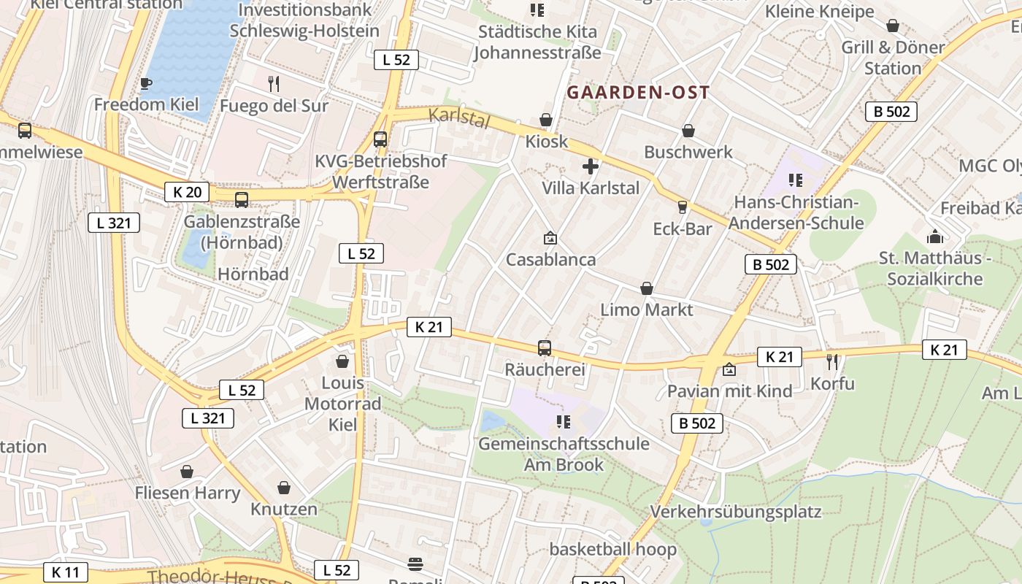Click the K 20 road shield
(x=187, y=192)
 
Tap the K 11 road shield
(x=66, y=572)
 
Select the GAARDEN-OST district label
(x=638, y=93)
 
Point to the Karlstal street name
(x=458, y=118)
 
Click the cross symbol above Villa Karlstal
(x=591, y=166)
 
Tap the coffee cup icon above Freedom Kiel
(x=146, y=83)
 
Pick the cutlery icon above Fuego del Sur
(x=274, y=83)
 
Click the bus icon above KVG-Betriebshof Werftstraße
(x=380, y=139)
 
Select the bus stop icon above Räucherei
(x=545, y=348)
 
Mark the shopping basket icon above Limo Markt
(x=647, y=288)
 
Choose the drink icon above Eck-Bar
(x=683, y=207)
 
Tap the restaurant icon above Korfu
(x=832, y=361)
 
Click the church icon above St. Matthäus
(x=934, y=237)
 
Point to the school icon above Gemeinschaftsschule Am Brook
(x=563, y=422)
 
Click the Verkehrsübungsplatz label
(x=736, y=512)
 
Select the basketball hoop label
(x=613, y=549)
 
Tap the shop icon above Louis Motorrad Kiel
(x=342, y=361)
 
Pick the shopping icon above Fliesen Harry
(x=187, y=472)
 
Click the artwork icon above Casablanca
(x=550, y=238)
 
